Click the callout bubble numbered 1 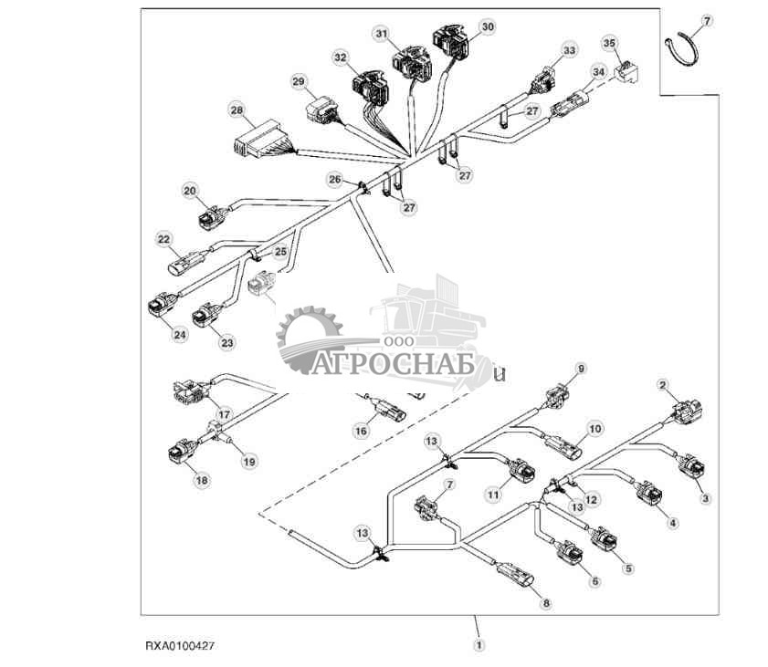pos(479,644)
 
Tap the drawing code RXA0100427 pos(181,645)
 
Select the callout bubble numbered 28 pos(237,111)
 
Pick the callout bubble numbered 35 pos(610,42)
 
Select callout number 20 pos(190,191)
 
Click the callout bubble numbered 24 pos(180,334)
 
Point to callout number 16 pos(361,431)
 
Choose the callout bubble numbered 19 pos(249,462)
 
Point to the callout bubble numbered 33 pos(570,50)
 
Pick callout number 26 pos(334,179)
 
